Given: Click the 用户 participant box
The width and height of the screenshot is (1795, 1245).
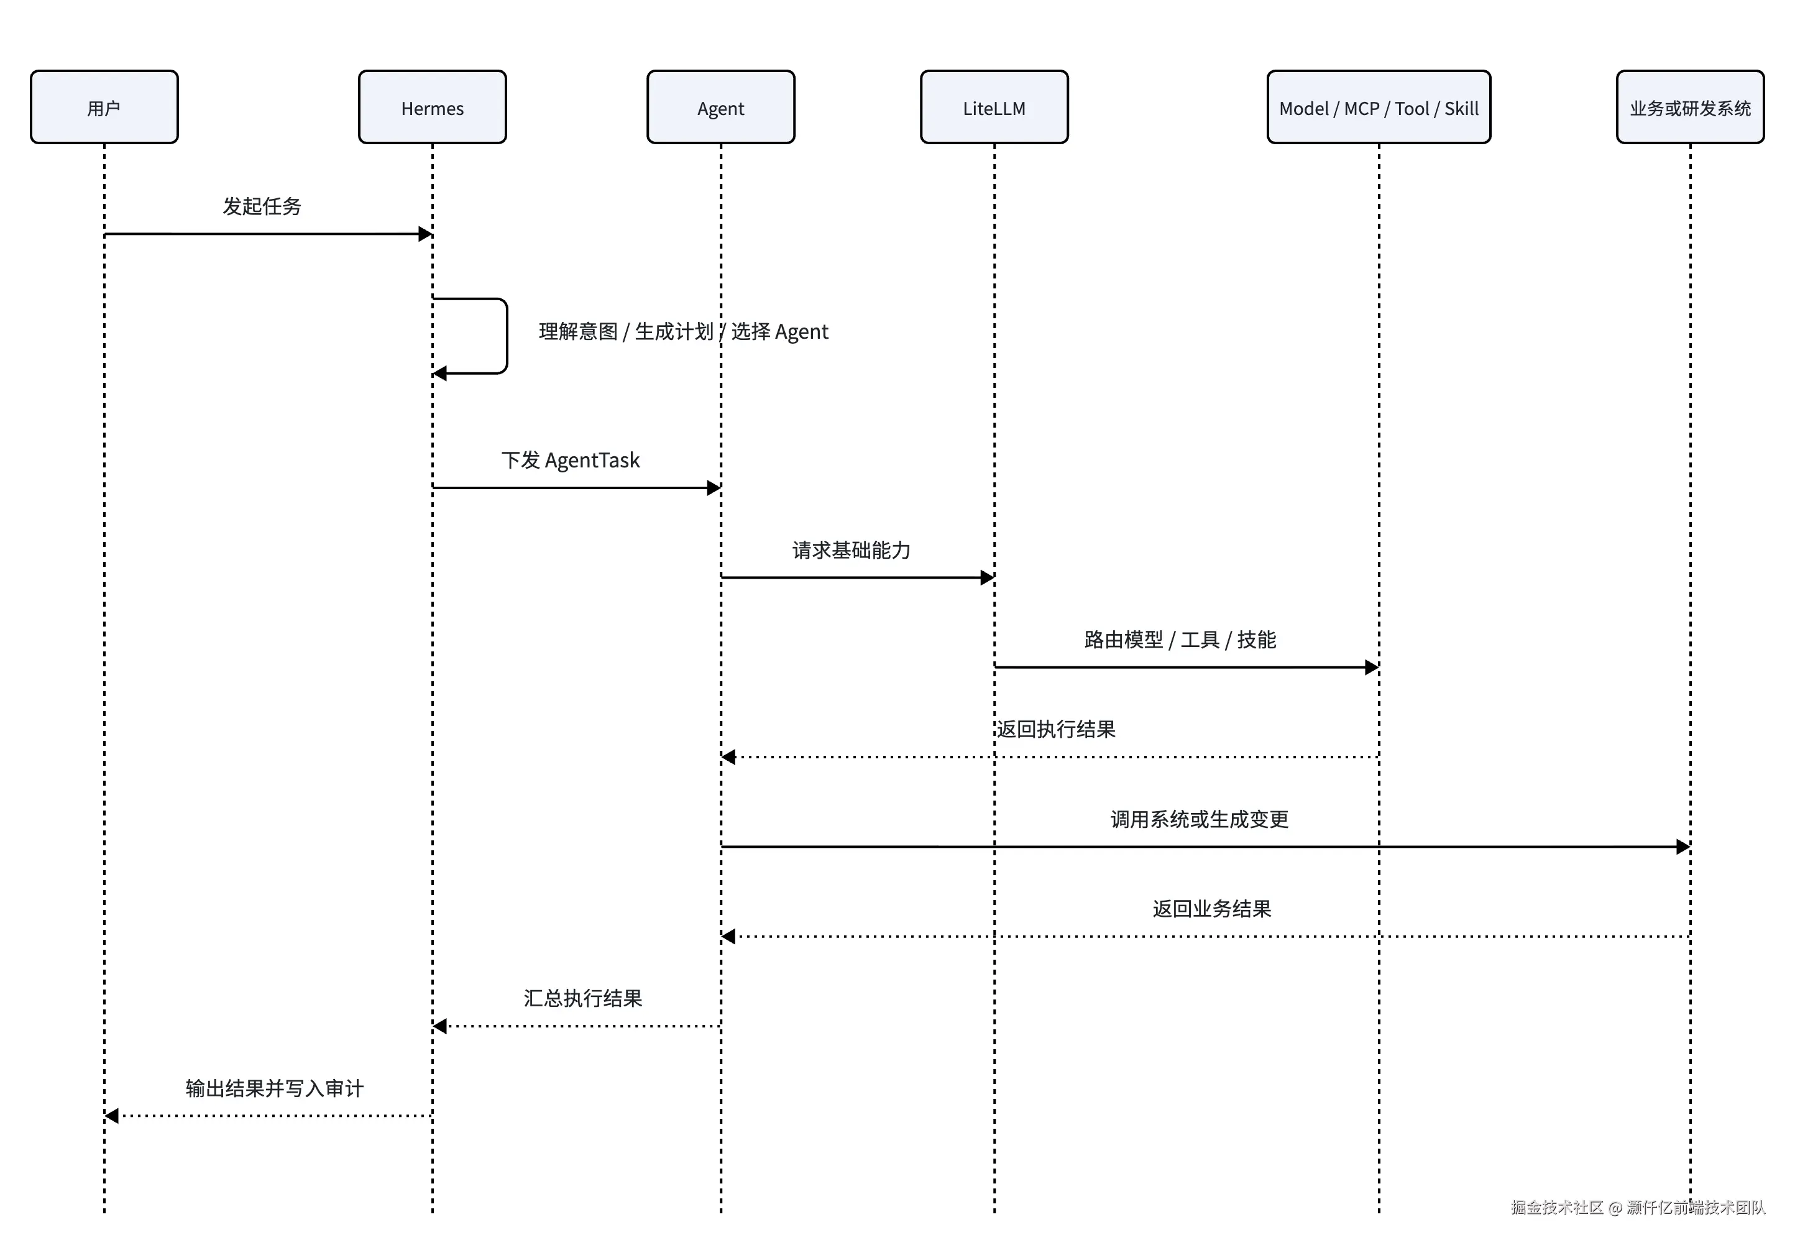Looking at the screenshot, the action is coord(104,107).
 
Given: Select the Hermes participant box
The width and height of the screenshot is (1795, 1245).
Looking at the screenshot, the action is coord(432,107).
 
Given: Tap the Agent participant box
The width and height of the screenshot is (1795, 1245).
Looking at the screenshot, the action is coord(721,107).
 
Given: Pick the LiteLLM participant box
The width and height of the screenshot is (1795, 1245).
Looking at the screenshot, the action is coord(994,107).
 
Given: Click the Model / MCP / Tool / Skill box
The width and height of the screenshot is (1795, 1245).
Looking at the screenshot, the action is coord(1379,107).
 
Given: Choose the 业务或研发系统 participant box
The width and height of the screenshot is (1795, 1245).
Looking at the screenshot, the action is coord(1690,107).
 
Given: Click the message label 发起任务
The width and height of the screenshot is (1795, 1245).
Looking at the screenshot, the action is coord(262,206).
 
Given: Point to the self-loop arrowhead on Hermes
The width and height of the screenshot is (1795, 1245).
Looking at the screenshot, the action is coord(440,374).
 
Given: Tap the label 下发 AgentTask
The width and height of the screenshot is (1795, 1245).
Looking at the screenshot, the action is coord(570,460).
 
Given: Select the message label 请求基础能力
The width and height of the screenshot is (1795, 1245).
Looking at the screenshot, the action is coord(851,550).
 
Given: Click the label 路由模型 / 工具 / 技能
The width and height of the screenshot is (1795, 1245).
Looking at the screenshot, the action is coord(1180,640).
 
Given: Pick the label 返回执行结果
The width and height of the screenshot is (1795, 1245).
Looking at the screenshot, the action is coord(1055,729).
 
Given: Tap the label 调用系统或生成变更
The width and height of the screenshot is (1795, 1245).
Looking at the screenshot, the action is coord(1199,819).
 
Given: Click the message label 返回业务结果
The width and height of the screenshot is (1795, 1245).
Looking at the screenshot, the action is coord(1211,909).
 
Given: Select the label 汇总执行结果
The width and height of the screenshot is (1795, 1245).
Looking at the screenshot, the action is coord(583,998).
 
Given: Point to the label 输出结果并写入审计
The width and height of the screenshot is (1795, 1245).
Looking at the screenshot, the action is coord(275,1088).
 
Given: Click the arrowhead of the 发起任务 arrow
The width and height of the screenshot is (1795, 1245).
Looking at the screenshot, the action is coord(425,234).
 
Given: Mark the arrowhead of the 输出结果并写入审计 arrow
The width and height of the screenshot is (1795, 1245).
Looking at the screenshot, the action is coord(111,1116).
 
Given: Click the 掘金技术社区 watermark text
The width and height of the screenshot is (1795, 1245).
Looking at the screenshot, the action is coord(1556,1208).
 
